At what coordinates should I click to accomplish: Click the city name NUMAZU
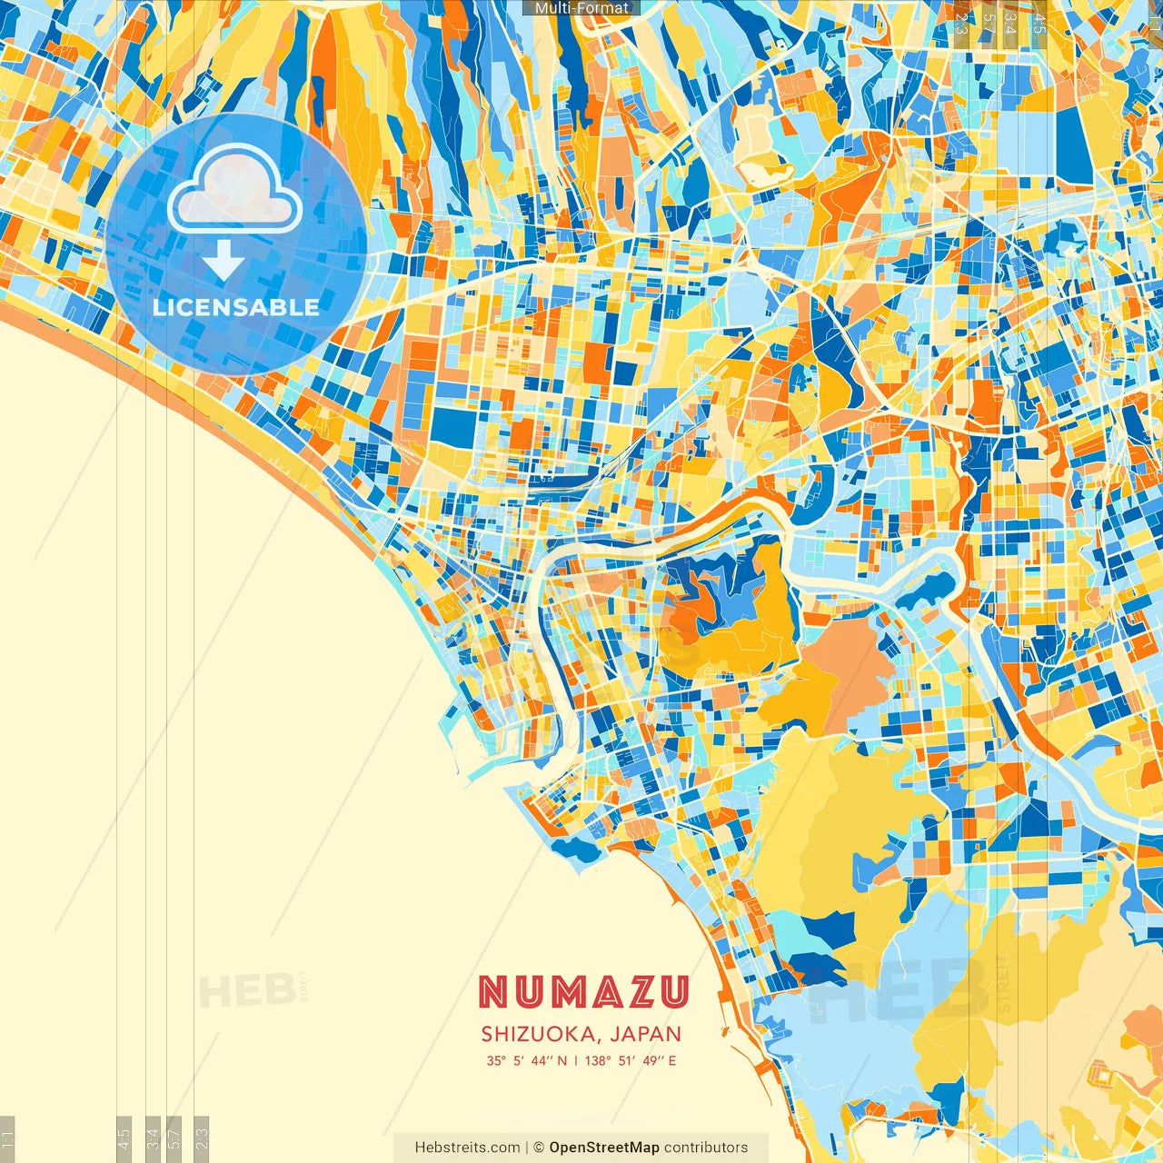pos(582,992)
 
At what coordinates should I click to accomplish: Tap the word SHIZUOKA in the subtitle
pos(540,1034)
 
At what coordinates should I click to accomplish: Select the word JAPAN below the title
pos(646,1034)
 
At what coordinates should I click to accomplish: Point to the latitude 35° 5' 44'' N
pos(526,1060)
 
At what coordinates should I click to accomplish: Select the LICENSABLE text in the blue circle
pos(236,307)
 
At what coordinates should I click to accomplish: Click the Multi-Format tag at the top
pos(581,8)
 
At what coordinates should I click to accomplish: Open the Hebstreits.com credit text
pos(467,1148)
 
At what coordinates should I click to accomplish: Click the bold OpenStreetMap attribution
pos(603,1148)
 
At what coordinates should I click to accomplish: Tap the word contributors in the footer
pos(706,1148)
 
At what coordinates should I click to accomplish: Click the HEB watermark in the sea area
pos(247,990)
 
